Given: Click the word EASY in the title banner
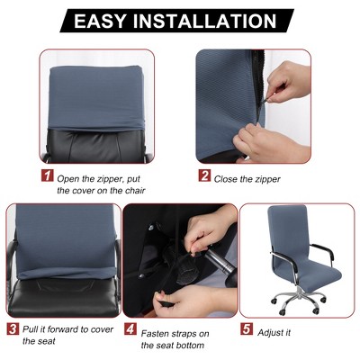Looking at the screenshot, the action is pos(100,21).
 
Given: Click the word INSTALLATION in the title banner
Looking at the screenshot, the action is pos(205,21).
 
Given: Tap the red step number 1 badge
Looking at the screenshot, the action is pos(48,175).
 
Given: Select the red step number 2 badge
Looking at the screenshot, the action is pos(204,175).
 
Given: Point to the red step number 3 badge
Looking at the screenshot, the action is pos(13,328).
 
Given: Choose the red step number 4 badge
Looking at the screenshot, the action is pos(130,328).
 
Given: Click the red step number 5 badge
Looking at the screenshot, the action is pos(247,328).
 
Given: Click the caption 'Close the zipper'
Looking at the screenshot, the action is pos(247,179).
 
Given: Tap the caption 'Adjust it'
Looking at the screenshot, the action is pos(274,333).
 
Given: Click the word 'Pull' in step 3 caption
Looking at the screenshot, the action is pos(30,329).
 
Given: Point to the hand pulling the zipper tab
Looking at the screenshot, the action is pos(286,83).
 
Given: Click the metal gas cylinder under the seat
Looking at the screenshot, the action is pos(220,260).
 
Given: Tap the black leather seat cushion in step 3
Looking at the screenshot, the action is pos(64,295).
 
